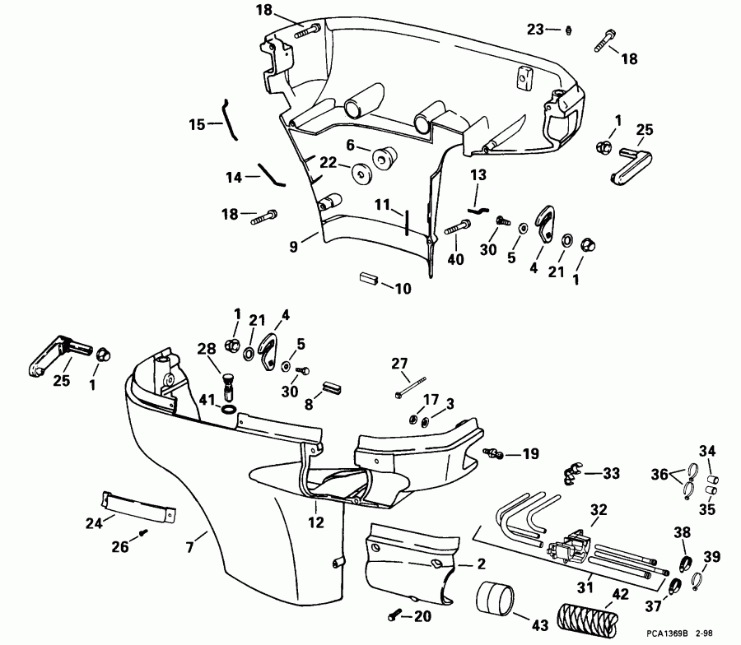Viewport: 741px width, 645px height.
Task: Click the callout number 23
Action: pos(536,30)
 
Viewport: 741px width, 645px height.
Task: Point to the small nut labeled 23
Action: pos(569,30)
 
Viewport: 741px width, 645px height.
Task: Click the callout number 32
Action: pos(598,509)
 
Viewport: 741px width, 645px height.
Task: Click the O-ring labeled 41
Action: pos(230,409)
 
